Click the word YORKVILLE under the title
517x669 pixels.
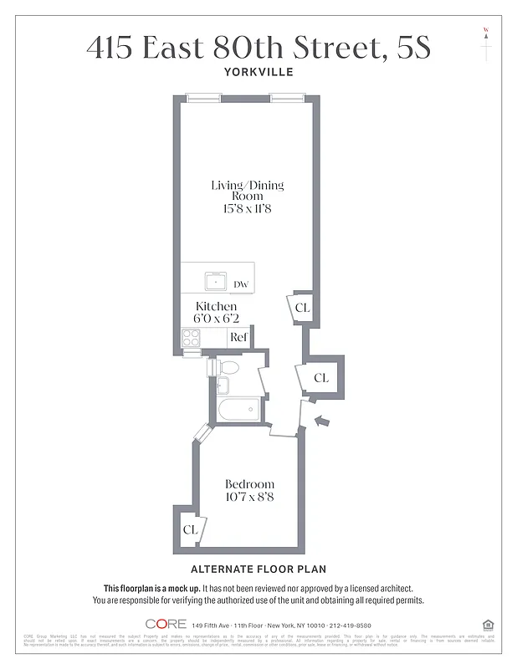tap(258, 72)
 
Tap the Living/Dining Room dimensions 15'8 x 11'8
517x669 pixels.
tap(241, 208)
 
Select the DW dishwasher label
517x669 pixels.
tap(241, 285)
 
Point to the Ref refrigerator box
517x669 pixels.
tap(239, 337)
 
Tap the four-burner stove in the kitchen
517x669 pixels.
tap(192, 339)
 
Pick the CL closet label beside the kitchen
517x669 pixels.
tap(303, 308)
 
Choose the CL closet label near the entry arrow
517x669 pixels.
tap(321, 378)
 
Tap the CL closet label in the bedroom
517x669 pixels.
tap(190, 529)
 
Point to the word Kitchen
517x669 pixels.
tap(216, 307)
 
